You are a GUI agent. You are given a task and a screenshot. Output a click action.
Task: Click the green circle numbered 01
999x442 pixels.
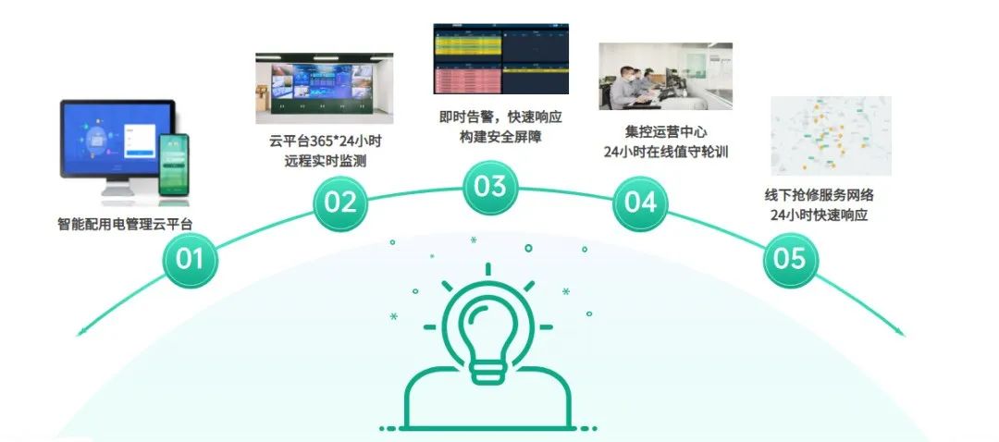(x=190, y=259)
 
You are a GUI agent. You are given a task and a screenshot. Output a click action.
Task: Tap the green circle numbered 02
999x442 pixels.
(x=340, y=202)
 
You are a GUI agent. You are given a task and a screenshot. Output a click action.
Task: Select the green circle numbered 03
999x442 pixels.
(x=489, y=187)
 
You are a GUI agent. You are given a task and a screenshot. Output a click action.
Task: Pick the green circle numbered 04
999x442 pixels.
(x=640, y=202)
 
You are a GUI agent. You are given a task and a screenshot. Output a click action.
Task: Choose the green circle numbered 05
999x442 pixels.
(x=790, y=259)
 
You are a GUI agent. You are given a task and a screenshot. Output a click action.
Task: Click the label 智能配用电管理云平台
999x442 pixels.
(x=125, y=224)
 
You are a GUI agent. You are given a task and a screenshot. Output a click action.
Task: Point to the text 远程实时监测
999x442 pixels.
(x=326, y=162)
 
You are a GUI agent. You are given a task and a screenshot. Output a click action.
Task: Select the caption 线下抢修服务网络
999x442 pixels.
(x=819, y=195)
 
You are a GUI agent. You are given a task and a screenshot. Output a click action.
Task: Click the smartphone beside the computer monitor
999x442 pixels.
(x=173, y=165)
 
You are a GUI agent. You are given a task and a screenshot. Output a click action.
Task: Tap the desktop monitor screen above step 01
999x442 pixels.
(x=117, y=139)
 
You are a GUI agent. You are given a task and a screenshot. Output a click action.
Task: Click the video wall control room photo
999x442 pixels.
(x=325, y=88)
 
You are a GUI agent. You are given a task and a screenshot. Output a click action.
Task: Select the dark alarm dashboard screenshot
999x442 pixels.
(x=500, y=58)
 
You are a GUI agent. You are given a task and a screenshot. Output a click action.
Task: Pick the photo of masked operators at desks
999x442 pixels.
(x=665, y=77)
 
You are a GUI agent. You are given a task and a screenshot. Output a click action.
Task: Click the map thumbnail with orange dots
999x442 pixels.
(x=831, y=136)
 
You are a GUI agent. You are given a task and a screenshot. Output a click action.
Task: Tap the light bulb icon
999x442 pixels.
(x=488, y=331)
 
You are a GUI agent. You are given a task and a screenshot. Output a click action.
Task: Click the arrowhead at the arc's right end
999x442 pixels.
(x=900, y=332)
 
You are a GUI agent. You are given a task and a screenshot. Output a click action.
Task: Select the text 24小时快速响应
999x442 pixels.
(x=819, y=215)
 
